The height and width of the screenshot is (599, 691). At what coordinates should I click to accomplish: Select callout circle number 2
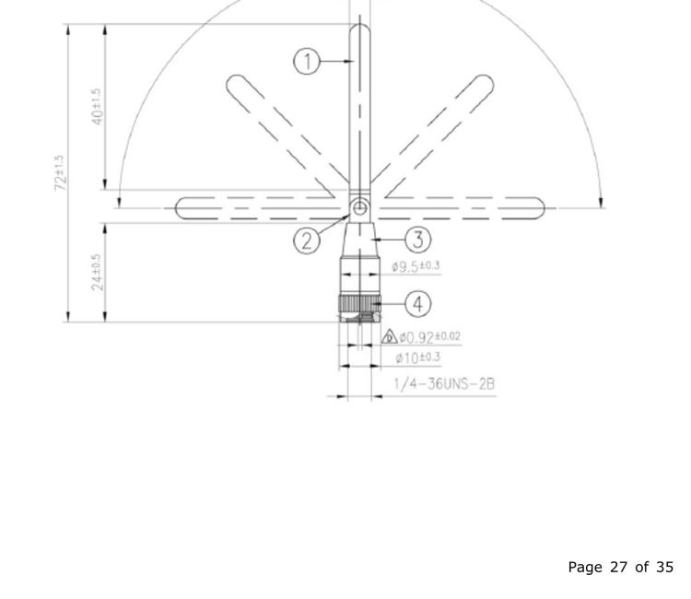coord(307,241)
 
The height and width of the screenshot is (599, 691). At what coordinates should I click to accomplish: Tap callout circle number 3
coord(417,240)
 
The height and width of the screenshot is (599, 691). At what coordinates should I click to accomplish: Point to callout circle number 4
coord(417,302)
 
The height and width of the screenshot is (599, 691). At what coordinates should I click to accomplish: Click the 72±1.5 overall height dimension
coord(60,173)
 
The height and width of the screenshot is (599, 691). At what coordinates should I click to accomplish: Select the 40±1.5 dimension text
coord(97,107)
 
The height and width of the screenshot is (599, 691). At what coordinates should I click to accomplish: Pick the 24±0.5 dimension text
coord(97,272)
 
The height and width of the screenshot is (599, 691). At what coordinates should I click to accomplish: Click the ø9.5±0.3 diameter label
coord(416,267)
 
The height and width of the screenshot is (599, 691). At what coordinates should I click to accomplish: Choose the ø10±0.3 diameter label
coord(417,358)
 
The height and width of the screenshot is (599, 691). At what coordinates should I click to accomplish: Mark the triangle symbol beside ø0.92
coord(389,337)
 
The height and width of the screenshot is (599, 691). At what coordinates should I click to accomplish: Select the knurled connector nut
coord(359,302)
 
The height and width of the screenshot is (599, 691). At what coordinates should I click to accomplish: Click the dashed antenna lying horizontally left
coord(249,209)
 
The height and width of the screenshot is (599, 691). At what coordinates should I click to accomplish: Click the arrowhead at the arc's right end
coord(602,203)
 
